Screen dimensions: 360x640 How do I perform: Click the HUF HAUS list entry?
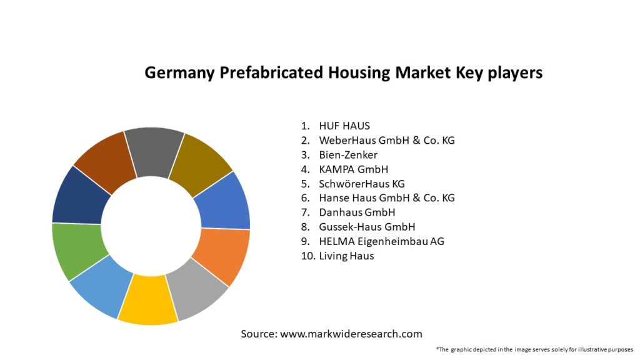pyautogui.click(x=344, y=126)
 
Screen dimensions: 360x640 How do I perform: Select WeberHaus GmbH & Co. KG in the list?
pyautogui.click(x=386, y=140)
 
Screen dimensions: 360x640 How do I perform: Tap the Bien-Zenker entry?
pyautogui.click(x=348, y=154)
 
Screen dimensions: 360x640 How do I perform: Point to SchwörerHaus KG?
pyautogui.click(x=362, y=184)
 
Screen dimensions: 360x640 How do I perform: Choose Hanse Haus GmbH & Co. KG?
pyautogui.click(x=386, y=198)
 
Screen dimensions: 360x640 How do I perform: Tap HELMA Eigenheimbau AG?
pyautogui.click(x=381, y=241)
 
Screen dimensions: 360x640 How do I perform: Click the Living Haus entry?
pyautogui.click(x=346, y=256)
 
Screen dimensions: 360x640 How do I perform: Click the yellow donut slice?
pyautogui.click(x=147, y=301)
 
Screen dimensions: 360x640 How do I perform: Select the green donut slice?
pyautogui.click(x=76, y=249)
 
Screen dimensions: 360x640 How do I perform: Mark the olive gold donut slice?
pyautogui.click(x=199, y=161)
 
